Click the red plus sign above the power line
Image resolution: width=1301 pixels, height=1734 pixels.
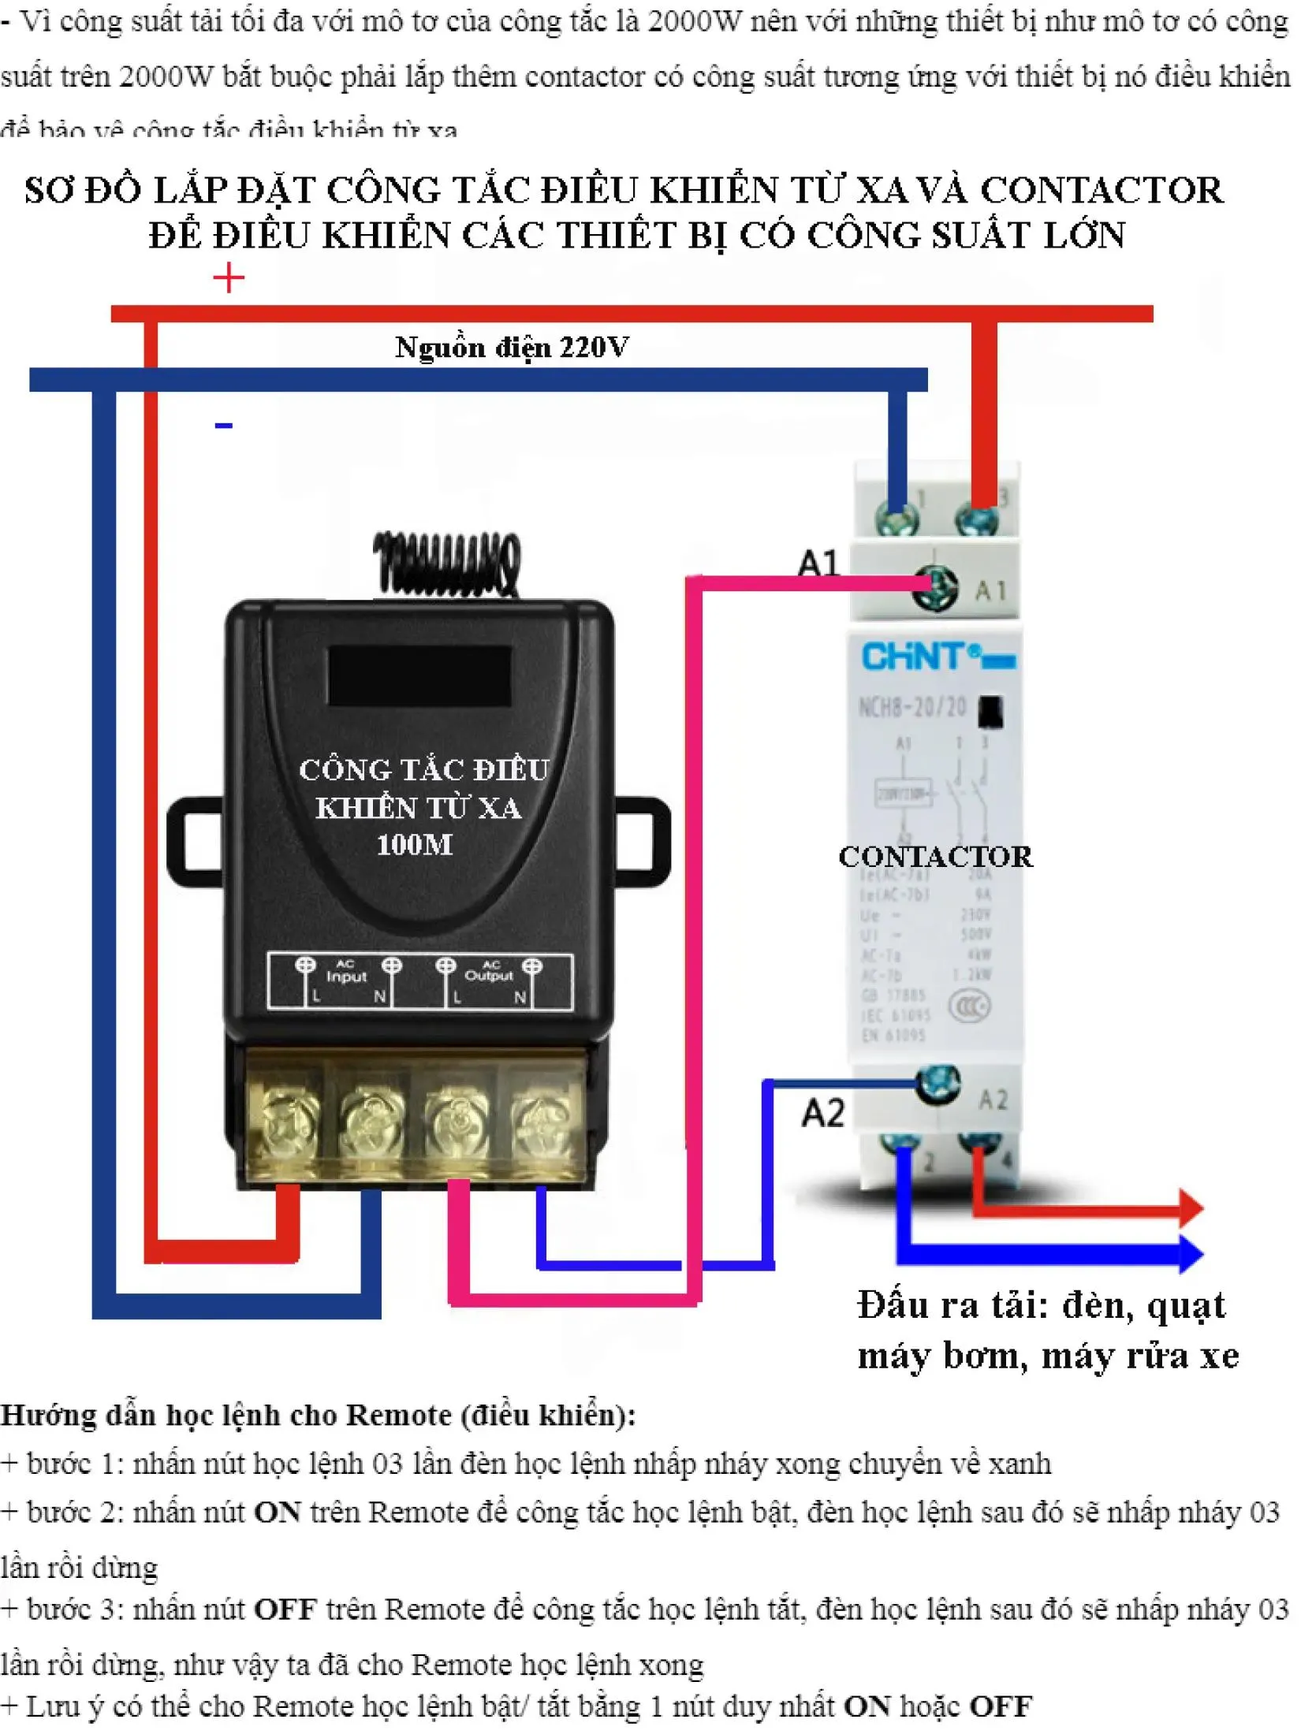(x=229, y=278)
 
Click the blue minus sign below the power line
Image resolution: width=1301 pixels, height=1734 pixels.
(x=224, y=426)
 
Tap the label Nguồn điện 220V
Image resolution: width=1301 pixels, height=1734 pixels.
(x=512, y=348)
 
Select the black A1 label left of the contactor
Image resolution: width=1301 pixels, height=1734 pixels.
(x=819, y=564)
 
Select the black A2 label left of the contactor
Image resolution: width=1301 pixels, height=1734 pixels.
(x=823, y=1113)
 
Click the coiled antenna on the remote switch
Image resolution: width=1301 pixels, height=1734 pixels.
(x=447, y=563)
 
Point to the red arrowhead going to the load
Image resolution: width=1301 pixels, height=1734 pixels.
(x=1189, y=1207)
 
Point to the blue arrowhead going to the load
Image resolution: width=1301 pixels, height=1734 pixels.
(x=1189, y=1252)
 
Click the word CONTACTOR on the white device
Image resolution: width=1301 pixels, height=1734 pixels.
(x=935, y=857)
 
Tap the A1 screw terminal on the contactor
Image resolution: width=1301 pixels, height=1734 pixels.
(x=935, y=587)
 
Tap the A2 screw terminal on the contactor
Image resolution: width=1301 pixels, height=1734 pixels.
(x=938, y=1086)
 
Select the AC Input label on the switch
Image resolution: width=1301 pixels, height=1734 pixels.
(x=346, y=972)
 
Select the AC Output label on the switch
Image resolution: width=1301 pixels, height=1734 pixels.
(x=489, y=972)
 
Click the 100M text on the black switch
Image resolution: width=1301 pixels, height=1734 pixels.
(x=415, y=846)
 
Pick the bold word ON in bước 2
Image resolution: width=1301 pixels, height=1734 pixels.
(x=278, y=1513)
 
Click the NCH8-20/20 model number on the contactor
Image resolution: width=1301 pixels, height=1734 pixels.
(x=912, y=707)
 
